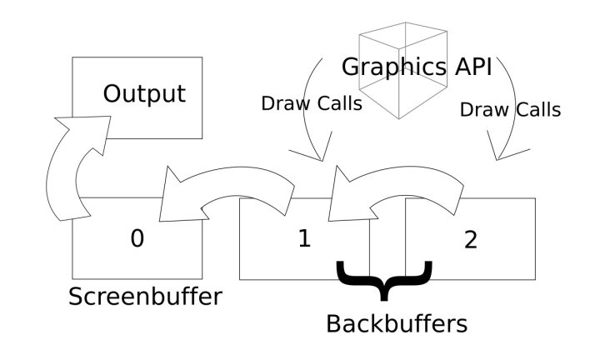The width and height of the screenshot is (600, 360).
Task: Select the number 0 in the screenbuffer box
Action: pyautogui.click(x=137, y=239)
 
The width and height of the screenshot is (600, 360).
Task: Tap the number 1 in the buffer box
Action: pyautogui.click(x=303, y=239)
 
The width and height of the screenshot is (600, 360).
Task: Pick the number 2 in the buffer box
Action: pyautogui.click(x=470, y=239)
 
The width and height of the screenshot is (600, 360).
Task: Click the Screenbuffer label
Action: pyautogui.click(x=146, y=297)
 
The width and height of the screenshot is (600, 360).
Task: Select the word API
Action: pyautogui.click(x=468, y=66)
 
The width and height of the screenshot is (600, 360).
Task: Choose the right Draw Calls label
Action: pyautogui.click(x=510, y=110)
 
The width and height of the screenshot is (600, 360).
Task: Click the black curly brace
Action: pyautogui.click(x=384, y=280)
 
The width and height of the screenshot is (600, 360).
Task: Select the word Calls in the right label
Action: pyautogui.click(x=537, y=110)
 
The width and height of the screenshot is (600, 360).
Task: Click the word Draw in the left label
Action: pyautogui.click(x=279, y=105)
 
